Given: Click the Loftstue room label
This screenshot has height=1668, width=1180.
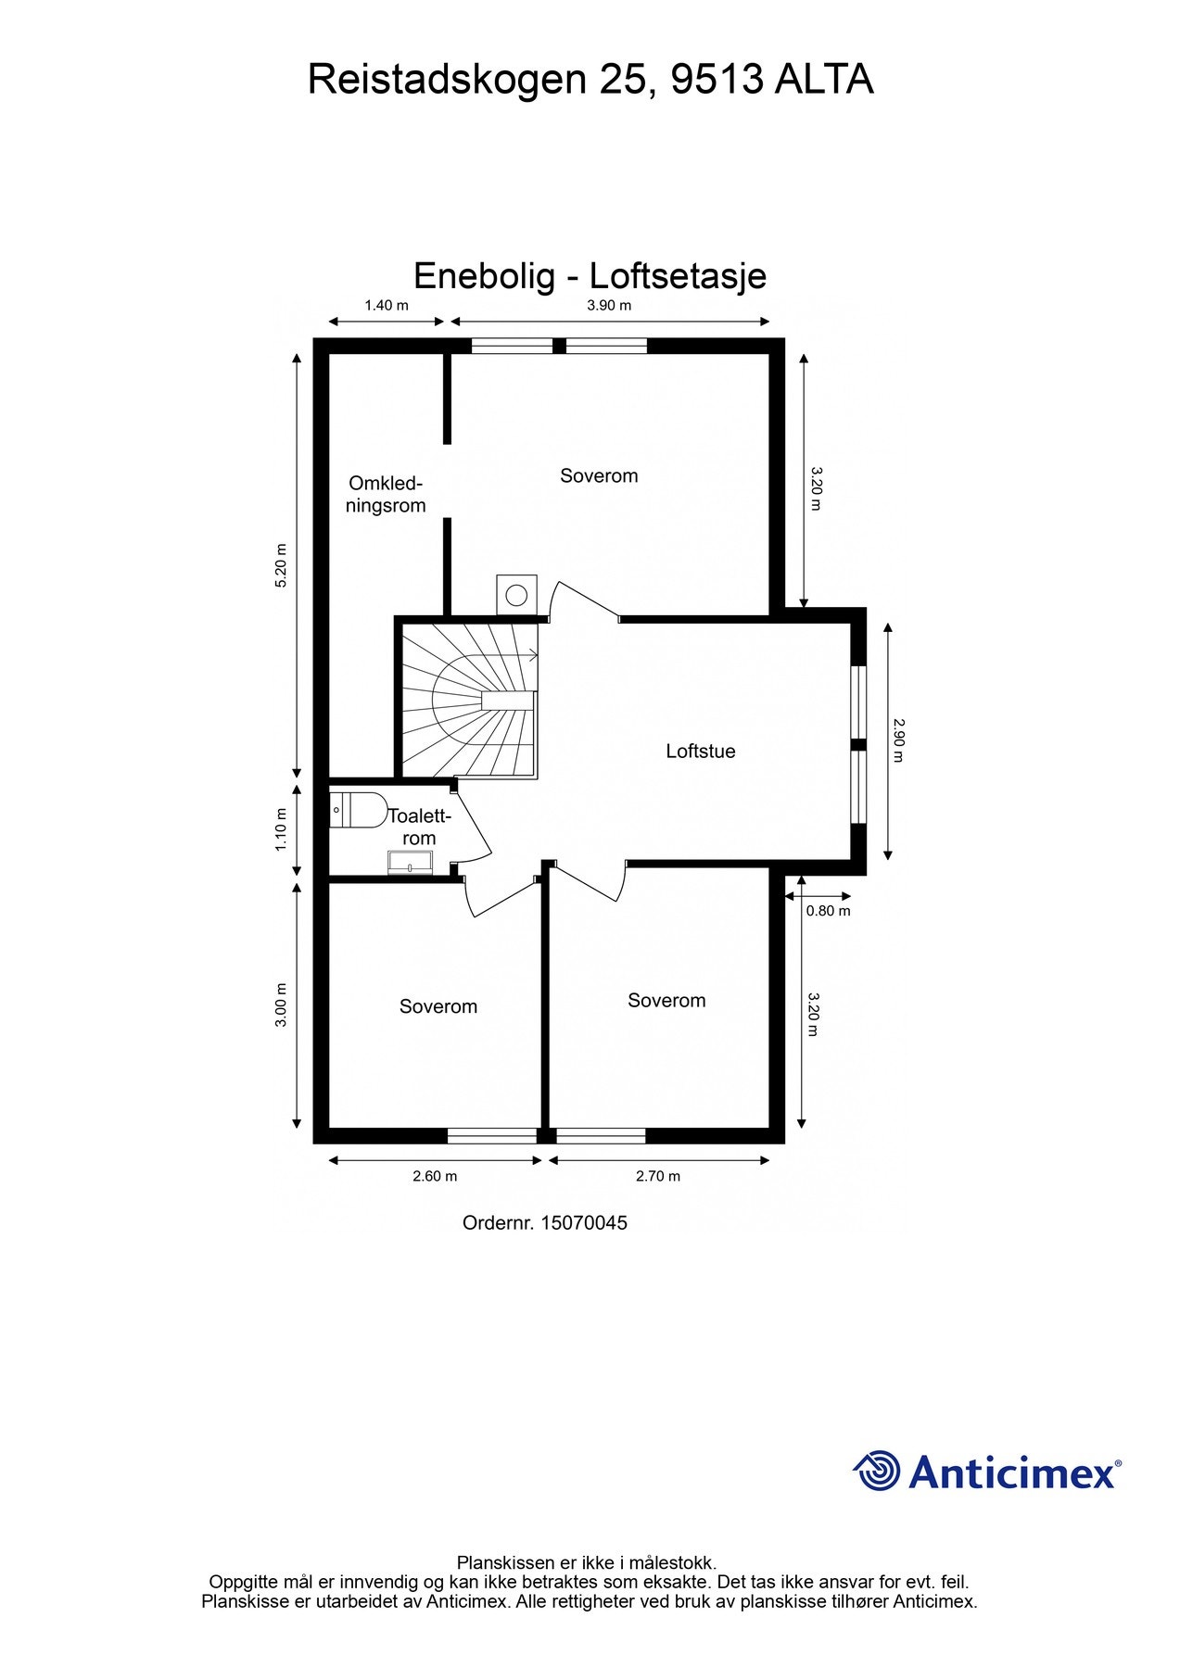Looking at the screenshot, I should coord(700,752).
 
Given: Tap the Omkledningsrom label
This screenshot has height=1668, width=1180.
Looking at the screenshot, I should coord(386,495).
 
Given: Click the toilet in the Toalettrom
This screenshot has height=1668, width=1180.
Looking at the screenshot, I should coord(359,809).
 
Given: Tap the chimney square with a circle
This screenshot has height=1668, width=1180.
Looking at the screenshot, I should coord(516,594).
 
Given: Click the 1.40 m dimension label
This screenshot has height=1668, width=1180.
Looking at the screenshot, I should coord(386,305).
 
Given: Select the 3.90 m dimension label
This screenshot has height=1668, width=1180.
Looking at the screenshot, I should coord(609,305).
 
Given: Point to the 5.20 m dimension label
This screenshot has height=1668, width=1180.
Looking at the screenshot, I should coord(282,563).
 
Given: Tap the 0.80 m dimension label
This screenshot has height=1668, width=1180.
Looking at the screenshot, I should coord(828,911).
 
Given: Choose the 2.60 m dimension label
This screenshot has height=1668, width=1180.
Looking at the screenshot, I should coord(435,1177).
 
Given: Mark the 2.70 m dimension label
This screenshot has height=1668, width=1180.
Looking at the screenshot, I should coord(657,1177).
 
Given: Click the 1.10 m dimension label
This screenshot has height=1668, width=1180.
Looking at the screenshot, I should coord(282,829).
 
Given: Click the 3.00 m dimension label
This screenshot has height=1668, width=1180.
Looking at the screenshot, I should coord(282,1004).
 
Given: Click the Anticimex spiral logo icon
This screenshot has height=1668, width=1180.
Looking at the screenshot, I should coord(877,1471).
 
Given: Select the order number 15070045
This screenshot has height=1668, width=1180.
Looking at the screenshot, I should coord(583,1223).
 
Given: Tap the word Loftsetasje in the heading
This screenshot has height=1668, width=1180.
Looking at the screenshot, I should coord(678,276).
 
